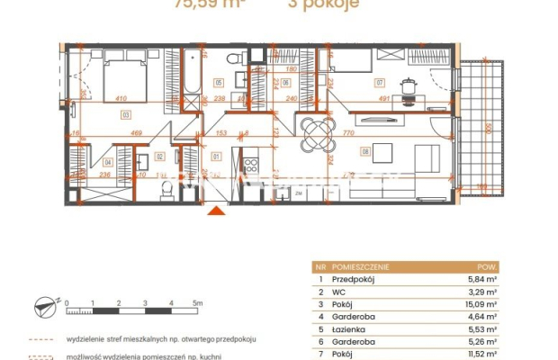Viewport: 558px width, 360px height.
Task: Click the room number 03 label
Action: tap(124, 114)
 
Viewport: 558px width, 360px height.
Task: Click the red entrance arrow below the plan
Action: tap(216, 211)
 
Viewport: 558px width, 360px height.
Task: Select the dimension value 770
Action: tap(349, 132)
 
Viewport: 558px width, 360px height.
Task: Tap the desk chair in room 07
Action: tap(410, 86)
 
